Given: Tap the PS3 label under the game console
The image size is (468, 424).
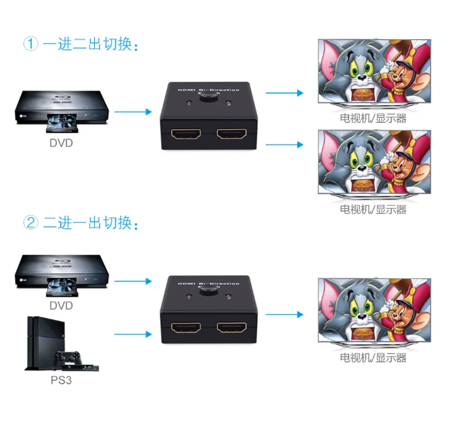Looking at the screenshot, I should [x=61, y=379].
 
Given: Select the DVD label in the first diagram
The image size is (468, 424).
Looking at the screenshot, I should [x=61, y=143].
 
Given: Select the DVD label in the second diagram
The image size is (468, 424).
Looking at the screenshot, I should [x=61, y=306].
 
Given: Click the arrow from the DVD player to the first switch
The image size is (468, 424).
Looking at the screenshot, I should [x=133, y=112].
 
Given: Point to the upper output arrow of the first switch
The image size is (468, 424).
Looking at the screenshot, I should [x=284, y=93].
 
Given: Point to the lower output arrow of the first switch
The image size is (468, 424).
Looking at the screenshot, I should [x=284, y=145].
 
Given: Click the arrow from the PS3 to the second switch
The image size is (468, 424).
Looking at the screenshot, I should [x=133, y=334].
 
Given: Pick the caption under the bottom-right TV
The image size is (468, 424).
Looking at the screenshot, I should [x=373, y=357].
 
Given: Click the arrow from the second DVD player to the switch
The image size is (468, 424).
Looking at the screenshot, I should [x=133, y=281].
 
